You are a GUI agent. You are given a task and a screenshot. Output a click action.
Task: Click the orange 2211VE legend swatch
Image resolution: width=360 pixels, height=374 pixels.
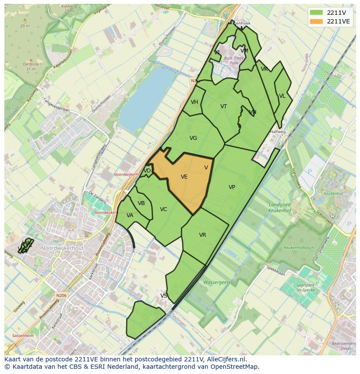[317, 21]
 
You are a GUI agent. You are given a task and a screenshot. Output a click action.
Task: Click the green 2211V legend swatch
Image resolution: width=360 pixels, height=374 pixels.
[317, 13]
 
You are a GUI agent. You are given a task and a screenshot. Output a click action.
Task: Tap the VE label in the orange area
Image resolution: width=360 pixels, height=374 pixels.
[184, 177]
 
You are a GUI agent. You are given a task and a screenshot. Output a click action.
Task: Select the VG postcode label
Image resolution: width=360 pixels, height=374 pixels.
[193, 138]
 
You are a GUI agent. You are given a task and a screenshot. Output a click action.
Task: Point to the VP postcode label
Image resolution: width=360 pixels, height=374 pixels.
[232, 187]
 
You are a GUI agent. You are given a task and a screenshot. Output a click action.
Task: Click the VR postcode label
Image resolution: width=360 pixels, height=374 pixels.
[203, 235]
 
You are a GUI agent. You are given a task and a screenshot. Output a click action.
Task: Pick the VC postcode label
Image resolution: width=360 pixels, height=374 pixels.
[163, 209]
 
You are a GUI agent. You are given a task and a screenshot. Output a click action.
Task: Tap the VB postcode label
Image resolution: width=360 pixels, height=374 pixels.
[141, 203]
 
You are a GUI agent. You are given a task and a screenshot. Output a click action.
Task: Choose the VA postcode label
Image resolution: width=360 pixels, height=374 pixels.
[130, 215]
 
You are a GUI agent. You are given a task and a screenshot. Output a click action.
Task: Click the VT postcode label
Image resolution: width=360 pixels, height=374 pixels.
[223, 106]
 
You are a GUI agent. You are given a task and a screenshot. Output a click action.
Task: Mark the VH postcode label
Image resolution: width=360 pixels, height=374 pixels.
[194, 102]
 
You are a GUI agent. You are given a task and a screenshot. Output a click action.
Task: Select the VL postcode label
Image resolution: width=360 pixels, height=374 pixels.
[282, 96]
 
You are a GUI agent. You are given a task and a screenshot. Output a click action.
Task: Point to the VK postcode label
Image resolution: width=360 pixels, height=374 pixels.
[264, 69]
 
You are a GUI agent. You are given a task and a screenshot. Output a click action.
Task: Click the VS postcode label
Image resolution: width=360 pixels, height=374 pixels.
[164, 296]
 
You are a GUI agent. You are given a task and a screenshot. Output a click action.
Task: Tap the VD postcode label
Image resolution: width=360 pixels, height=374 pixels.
[147, 171]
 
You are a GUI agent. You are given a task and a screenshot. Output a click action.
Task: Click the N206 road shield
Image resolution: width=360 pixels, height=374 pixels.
[61, 295]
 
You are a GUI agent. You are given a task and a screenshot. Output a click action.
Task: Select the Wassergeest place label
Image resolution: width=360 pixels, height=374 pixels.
[217, 282]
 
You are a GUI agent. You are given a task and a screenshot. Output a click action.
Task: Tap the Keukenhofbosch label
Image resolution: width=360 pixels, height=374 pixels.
[299, 248]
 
